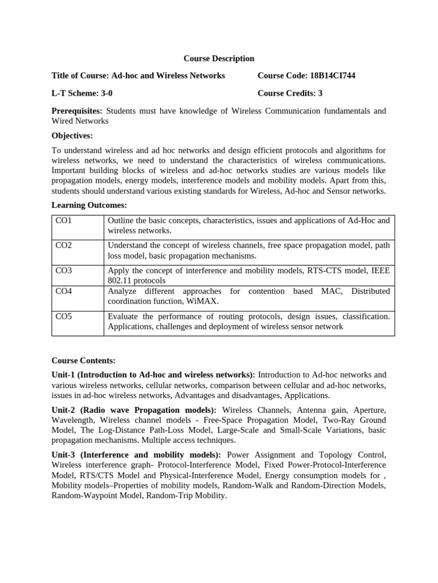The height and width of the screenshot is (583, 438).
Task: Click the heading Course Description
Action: [218, 59]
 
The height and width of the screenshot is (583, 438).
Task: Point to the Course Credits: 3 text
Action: [290, 93]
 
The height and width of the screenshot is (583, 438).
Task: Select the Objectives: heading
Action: [72, 136]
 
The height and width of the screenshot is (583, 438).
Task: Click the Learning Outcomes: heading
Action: [89, 205]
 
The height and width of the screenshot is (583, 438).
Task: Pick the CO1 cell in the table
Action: [63, 220]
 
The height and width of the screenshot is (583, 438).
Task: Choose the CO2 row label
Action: [63, 245]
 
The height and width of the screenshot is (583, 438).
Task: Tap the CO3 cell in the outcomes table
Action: [63, 270]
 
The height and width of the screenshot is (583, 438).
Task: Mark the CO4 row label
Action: [63, 291]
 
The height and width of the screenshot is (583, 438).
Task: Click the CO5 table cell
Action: [63, 316]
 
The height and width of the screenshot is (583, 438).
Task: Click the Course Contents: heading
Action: [83, 360]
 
